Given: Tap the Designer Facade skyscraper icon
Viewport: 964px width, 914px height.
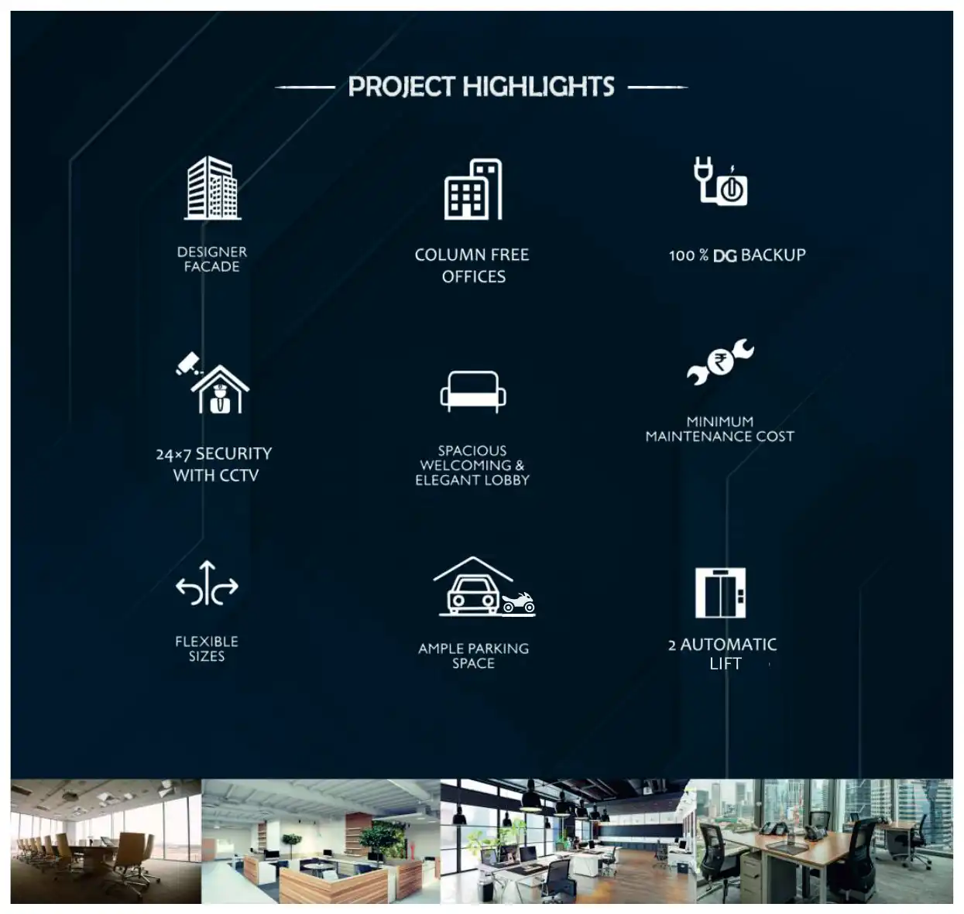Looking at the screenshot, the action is (x=212, y=188).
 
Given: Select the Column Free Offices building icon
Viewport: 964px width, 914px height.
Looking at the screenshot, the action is (x=472, y=189).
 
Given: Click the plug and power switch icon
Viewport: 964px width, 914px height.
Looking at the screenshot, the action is (x=720, y=181).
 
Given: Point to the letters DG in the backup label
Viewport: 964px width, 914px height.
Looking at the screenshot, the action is (x=724, y=255).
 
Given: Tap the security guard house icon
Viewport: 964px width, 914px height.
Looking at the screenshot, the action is (x=220, y=389).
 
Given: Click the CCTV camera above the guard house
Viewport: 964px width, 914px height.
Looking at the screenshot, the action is (x=189, y=363).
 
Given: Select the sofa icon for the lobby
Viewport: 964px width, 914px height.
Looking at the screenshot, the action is (x=472, y=392).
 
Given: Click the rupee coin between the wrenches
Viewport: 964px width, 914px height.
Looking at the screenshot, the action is (x=720, y=363).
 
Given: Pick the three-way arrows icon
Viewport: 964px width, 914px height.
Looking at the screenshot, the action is (x=207, y=583).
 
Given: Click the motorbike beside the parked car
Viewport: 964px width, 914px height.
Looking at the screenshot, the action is (x=518, y=602).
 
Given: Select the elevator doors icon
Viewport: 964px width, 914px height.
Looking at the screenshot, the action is (x=720, y=593).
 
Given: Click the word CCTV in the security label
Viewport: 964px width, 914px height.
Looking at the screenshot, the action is (x=237, y=475).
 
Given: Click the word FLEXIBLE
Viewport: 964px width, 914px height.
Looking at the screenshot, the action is (x=207, y=642).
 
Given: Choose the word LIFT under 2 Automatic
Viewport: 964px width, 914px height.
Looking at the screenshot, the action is (x=726, y=663).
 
